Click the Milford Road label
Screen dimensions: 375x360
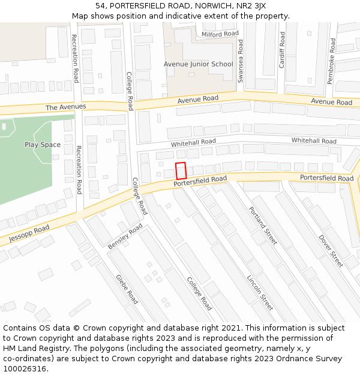(220, 34)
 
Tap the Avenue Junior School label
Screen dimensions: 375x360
(198, 64)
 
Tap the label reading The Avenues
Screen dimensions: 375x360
(66, 107)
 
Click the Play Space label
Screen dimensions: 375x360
(43, 145)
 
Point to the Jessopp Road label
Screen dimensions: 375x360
(29, 235)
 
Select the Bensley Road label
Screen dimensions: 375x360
(125, 237)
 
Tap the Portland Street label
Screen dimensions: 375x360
(263, 225)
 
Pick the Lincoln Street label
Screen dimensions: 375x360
(260, 292)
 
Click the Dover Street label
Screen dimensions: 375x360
(331, 250)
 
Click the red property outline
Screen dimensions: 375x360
(181, 170)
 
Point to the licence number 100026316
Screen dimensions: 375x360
(25, 369)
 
